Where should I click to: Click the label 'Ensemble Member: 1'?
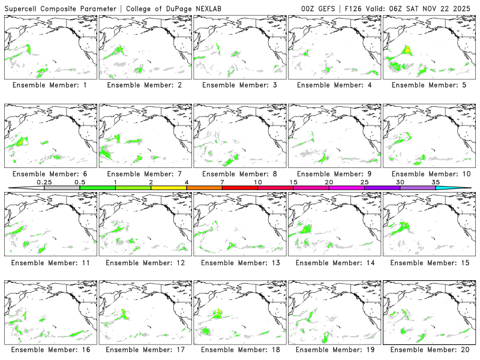49,85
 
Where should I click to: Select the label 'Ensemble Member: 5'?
428,85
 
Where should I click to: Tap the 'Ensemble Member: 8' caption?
238,174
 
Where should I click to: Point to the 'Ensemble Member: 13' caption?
238,262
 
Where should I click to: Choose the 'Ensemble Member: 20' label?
428,349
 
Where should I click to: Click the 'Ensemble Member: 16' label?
49,349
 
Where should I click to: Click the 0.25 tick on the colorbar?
44,182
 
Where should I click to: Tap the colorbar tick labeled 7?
222,182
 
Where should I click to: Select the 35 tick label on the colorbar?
436,182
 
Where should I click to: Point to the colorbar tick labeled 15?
293,182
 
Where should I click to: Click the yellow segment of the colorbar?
169,188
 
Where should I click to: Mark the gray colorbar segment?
62,188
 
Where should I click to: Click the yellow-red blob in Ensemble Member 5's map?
407,49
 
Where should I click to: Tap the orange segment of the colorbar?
204,188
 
